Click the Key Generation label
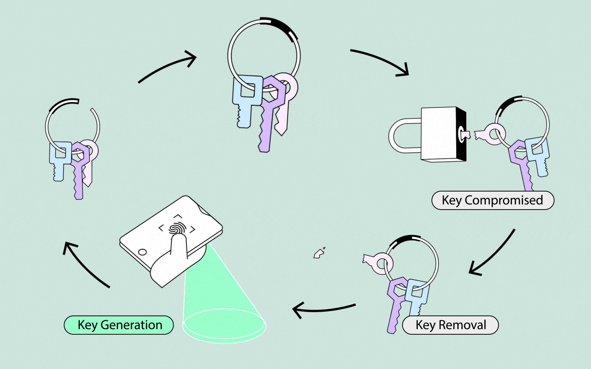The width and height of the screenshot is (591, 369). click(119, 325)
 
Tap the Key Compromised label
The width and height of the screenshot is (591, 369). click(493, 200)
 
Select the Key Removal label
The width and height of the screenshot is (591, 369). click(450, 325)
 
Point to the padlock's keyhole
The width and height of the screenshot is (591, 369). click(462, 134)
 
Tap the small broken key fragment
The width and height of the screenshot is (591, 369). click(319, 254)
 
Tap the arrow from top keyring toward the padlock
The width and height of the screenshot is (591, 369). click(380, 61)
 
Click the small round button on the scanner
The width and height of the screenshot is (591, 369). click(142, 252)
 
